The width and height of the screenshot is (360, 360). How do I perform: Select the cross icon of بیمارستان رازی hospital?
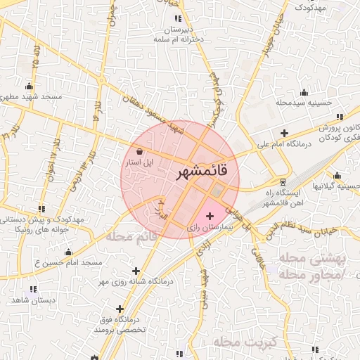pos(210,214)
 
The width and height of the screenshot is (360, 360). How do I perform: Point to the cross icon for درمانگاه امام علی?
pos(283,133)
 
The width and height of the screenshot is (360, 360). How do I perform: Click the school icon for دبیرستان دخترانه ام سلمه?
pos(178,18)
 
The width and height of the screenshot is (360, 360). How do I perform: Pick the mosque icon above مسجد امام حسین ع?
pos(68,252)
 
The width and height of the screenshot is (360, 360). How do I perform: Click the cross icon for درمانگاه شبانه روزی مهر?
pos(136,271)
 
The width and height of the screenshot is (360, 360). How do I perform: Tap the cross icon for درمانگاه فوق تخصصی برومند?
pos(120,309)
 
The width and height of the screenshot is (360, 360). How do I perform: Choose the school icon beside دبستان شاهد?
pos(32,289)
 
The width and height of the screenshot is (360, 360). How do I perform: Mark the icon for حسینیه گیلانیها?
pos(337,175)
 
